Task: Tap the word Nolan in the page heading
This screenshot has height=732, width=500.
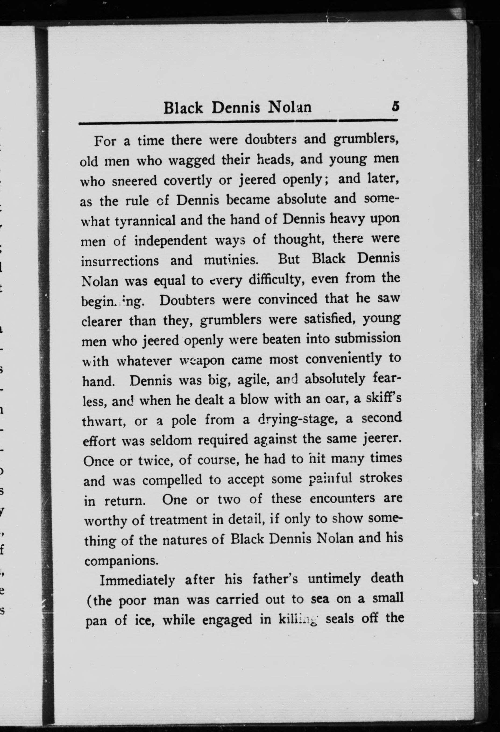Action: tap(290, 107)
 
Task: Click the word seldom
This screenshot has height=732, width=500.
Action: tap(172, 440)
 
